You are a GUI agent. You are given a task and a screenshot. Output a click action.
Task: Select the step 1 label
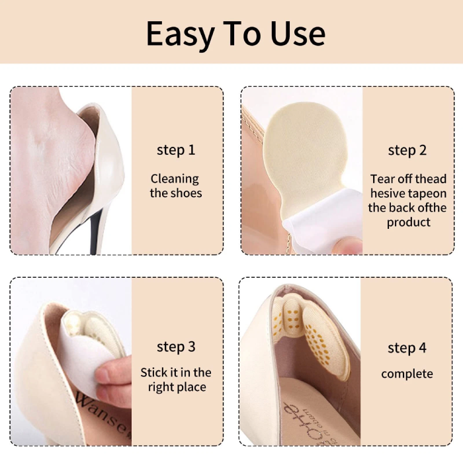[176, 149]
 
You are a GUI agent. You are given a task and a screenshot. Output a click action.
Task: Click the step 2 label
[407, 151]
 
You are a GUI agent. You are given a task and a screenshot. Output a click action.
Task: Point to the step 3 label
[176, 347]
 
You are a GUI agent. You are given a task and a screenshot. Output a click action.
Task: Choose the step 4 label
[407, 348]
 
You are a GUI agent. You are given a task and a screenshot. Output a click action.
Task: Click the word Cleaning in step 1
[175, 179]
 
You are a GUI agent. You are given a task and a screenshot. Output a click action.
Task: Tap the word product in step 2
[409, 222]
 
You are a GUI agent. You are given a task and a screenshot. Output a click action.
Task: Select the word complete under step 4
[407, 374]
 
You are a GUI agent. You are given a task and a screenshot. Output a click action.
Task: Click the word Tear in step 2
[383, 179]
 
